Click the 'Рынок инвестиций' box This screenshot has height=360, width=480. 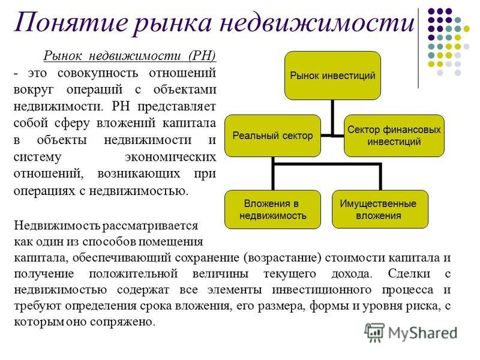tap(333, 76)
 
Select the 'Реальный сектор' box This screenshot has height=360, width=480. tap(272, 136)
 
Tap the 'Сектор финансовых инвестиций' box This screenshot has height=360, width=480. tap(394, 136)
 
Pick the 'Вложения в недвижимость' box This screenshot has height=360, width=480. tap(272, 209)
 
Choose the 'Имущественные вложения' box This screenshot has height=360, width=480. tap(380, 209)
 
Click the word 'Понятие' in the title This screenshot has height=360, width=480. tap(70, 23)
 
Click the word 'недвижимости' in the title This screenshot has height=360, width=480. tap(317, 22)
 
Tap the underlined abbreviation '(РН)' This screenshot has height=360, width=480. tap(202, 56)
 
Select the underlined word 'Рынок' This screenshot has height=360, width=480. tap(63, 56)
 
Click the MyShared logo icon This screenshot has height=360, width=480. tap(374, 332)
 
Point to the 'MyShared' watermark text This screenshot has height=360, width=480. tap(423, 333)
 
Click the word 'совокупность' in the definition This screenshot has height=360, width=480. tap(98, 73)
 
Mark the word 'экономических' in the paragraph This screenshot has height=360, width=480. tap(170, 157)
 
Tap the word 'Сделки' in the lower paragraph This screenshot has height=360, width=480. tap(409, 273)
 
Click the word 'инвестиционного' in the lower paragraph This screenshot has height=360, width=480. tap(322, 290)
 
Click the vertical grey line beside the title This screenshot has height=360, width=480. tap(418, 49)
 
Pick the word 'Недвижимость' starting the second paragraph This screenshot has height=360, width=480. tap(57, 226)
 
